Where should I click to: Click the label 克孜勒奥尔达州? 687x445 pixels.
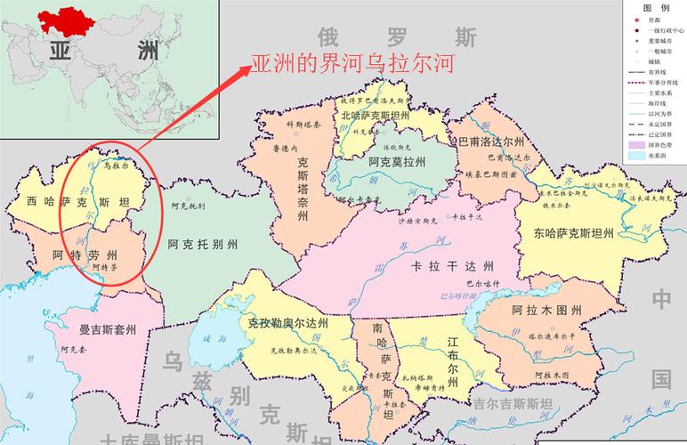pos(285,323)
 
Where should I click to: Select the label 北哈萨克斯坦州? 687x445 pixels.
pos(375,116)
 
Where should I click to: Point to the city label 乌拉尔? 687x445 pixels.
pos(117,165)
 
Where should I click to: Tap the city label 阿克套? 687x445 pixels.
pos(72,350)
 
